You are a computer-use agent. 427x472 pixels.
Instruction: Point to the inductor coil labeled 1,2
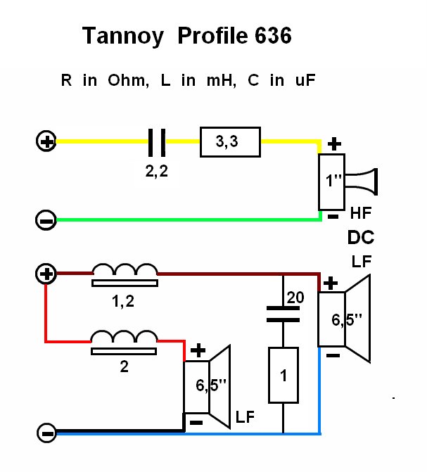click(x=125, y=274)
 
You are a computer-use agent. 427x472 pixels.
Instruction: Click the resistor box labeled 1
click(x=283, y=376)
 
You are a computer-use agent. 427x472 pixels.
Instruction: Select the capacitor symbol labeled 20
click(x=283, y=313)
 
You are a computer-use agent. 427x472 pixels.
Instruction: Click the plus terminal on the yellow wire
click(x=46, y=142)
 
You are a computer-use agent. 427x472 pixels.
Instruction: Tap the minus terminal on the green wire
click(x=46, y=221)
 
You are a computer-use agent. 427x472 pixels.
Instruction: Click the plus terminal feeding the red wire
click(x=46, y=274)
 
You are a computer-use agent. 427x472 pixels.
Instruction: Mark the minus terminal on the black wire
click(x=46, y=433)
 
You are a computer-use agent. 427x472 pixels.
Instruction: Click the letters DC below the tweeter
click(x=360, y=237)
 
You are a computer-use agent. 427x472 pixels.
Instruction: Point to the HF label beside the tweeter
click(x=360, y=211)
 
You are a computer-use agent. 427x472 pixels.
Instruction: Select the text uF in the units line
click(x=305, y=80)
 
